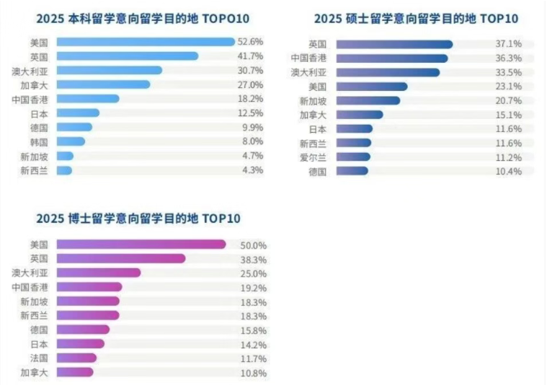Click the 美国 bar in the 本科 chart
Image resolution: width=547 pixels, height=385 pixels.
tap(144, 43)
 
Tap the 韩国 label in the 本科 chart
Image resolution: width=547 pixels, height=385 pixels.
tap(40, 142)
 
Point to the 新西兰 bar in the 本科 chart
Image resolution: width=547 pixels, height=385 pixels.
tap(64, 170)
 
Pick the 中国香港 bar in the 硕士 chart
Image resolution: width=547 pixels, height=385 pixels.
tap(392, 58)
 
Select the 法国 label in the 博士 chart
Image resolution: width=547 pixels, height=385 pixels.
tap(40, 358)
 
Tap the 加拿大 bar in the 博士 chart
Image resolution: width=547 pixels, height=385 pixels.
tap(75, 373)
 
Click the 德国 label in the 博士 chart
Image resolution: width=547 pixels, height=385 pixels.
tap(40, 329)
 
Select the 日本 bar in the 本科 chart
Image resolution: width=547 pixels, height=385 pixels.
tap(78, 113)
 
